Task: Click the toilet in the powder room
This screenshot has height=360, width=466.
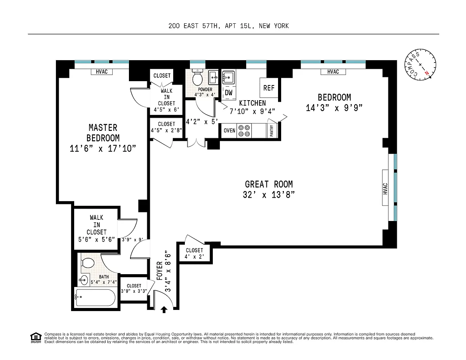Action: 197,77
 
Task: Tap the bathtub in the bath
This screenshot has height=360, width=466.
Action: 96,297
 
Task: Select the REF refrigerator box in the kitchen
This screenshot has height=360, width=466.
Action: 269,88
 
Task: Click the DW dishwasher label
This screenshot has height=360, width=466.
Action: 229,93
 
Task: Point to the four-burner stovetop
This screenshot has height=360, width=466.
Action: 244,131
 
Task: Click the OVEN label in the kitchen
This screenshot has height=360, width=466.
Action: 229,130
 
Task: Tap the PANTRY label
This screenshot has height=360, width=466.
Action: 272,130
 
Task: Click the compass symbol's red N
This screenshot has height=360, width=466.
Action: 426,73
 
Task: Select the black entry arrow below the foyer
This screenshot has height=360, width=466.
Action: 164,310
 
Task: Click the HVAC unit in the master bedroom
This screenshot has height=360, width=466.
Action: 102,71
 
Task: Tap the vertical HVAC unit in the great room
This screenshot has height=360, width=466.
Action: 385,188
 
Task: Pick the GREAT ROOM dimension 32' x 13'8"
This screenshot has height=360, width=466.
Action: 269,195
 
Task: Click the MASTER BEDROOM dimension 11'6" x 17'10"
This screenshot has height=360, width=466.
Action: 103,149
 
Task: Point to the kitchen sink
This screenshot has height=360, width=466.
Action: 229,77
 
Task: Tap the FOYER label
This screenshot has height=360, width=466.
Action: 160,271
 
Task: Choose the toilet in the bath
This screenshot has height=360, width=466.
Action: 88,263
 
